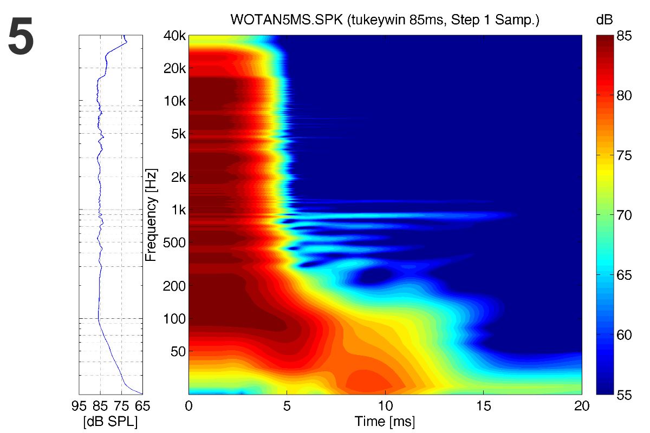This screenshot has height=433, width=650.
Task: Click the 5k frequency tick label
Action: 177,134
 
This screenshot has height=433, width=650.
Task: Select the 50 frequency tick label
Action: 177,351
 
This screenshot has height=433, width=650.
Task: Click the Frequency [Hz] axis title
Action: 152,215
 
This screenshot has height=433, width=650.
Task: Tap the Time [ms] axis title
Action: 385,421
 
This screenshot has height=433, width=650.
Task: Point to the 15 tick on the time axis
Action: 483,405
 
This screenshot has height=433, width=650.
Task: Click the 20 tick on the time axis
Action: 581,405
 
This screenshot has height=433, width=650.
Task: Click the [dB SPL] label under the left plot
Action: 110,421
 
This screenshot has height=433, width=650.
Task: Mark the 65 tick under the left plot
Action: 142,405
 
